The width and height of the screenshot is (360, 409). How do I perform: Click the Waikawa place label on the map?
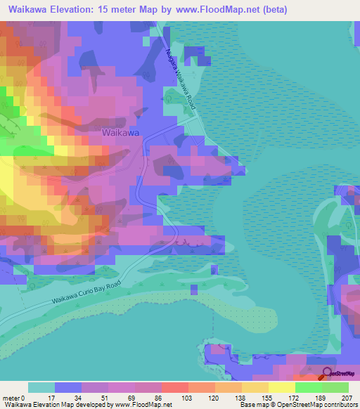click(x=120, y=132)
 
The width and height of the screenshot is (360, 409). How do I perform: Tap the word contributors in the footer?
click(x=339, y=404)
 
